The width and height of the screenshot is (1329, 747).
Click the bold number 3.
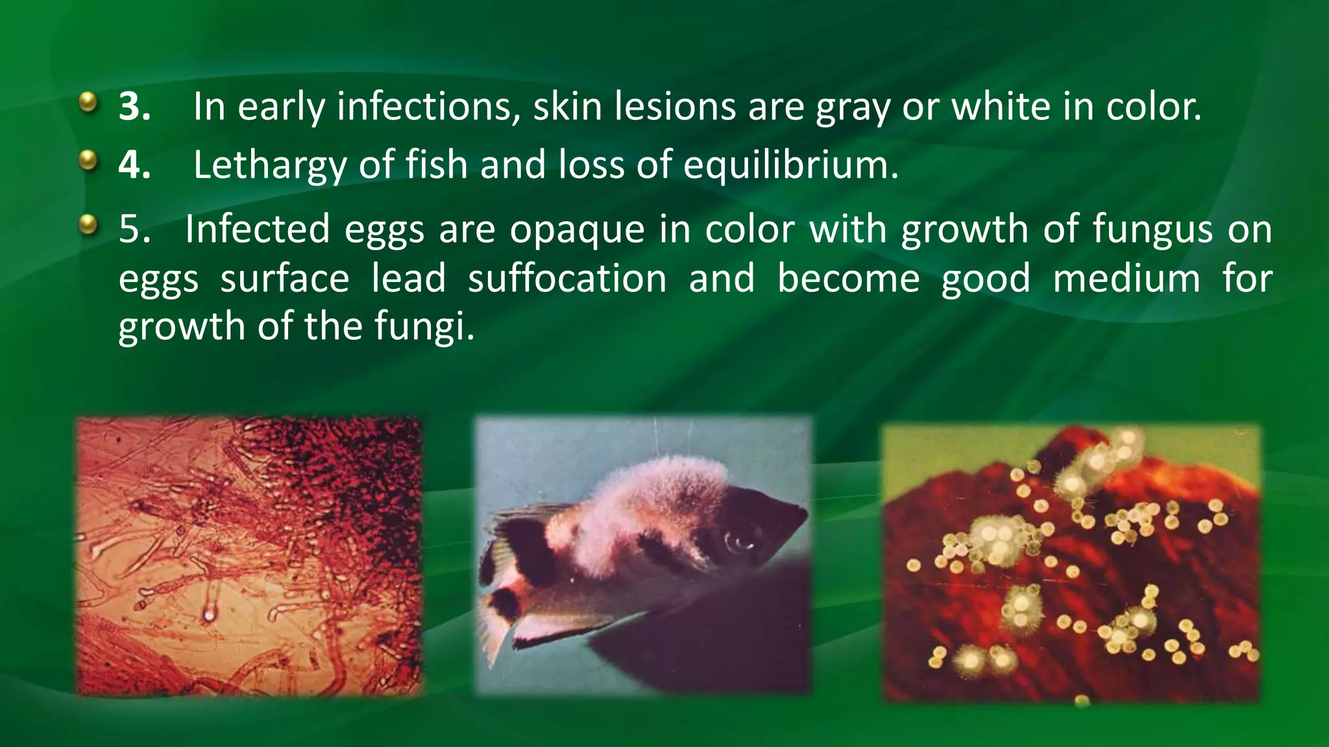tap(134, 106)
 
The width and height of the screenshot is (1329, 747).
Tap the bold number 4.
tap(134, 165)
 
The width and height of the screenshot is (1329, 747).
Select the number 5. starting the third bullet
tap(134, 229)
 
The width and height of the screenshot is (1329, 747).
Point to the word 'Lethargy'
tap(269, 166)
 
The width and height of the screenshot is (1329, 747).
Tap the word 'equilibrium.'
tap(791, 166)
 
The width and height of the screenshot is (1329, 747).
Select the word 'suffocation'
tap(567, 278)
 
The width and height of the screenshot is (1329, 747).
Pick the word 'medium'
tap(1127, 278)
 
